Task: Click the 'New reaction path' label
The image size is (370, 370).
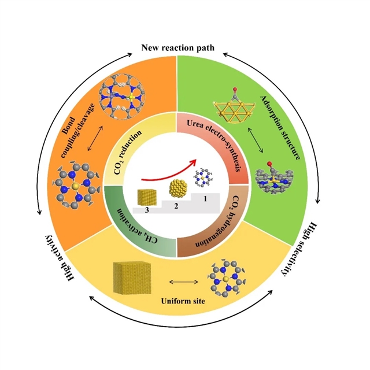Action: click(x=184, y=47)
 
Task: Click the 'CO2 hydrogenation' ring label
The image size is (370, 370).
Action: click(x=226, y=225)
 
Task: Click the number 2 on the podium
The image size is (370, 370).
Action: click(x=176, y=205)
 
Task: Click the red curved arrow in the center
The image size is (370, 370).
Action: click(x=168, y=167)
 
